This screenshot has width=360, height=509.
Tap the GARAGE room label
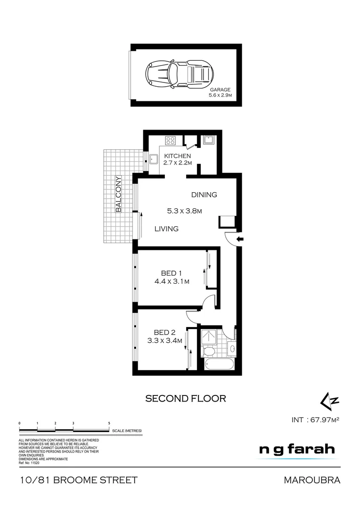tap(220, 90)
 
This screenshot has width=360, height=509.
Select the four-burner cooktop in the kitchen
tap(170, 140)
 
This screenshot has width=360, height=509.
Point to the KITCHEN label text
tap(177, 156)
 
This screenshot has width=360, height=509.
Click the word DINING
tap(204, 195)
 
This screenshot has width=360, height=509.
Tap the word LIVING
tap(167, 229)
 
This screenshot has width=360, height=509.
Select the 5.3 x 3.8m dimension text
tap(184, 211)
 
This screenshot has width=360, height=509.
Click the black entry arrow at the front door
tap(239, 239)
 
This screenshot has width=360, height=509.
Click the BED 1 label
tap(172, 273)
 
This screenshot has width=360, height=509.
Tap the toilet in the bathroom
tap(208, 351)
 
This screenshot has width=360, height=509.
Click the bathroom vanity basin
tap(232, 350)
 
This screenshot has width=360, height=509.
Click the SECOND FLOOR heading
tap(185, 398)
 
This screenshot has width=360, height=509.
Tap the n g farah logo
tap(297, 450)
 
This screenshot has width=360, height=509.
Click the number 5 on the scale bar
tap(109, 424)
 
